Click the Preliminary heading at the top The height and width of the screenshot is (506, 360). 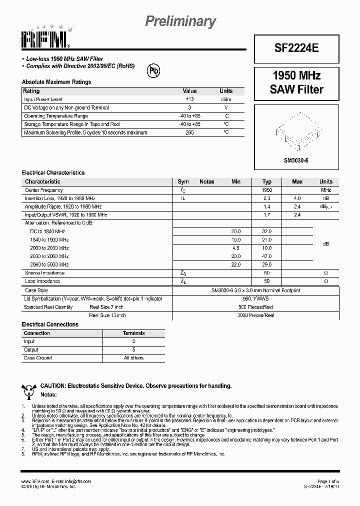(180, 21)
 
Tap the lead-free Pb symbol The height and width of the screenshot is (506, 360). (153, 71)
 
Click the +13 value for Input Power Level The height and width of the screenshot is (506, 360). (189, 99)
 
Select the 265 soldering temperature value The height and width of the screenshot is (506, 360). (189, 132)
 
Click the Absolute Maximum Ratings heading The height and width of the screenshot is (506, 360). (56, 82)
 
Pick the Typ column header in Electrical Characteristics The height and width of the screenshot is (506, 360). (267, 181)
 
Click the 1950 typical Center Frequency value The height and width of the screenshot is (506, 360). (267, 190)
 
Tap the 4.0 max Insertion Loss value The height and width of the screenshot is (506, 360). (297, 198)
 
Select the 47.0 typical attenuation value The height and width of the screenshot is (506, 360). (267, 256)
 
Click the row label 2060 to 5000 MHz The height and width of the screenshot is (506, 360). (49, 264)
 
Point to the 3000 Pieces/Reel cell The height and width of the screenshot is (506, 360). (255, 315)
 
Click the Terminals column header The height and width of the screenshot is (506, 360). (133, 333)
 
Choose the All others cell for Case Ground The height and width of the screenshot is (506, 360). (133, 358)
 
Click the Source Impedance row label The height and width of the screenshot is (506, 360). (44, 273)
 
